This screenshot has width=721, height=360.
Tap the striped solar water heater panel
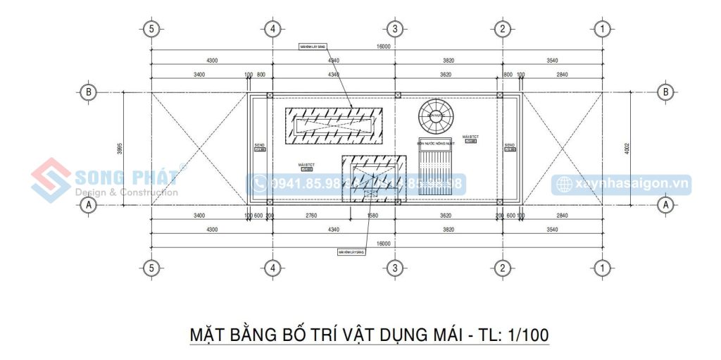tap(436, 168)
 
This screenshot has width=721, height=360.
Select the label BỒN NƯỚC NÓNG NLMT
tap(436, 143)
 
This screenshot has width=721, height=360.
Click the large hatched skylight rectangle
tap(334, 126)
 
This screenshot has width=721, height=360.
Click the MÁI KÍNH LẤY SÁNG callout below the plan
tap(350, 251)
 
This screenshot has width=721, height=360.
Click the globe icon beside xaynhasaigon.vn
tap(565, 184)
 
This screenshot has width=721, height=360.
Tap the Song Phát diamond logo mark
tap(49, 180)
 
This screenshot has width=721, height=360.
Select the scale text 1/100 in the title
tap(527, 334)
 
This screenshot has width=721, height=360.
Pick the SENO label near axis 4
tap(259, 147)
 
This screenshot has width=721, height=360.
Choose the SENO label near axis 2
tap(510, 147)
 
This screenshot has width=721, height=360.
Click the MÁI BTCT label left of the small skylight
tap(306, 166)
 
